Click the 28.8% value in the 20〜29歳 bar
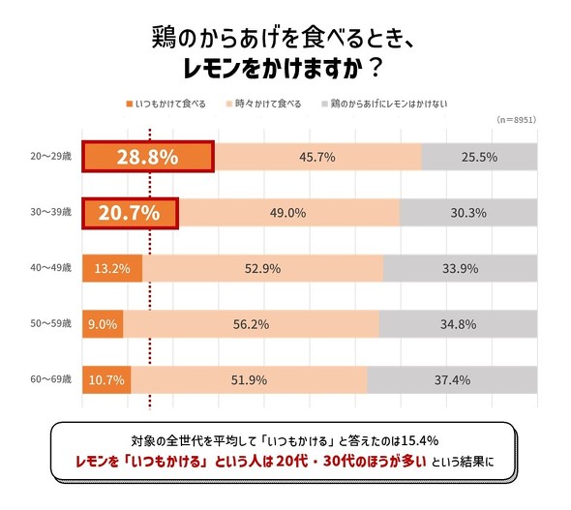coord(147,157)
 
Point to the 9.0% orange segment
coord(103,324)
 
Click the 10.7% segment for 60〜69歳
coord(105,379)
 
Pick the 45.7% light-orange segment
coord(317,157)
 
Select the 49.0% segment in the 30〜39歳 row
coord(289,213)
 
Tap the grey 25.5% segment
coord(479,157)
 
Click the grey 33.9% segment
coord(460,268)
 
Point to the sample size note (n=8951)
coord(515,120)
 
